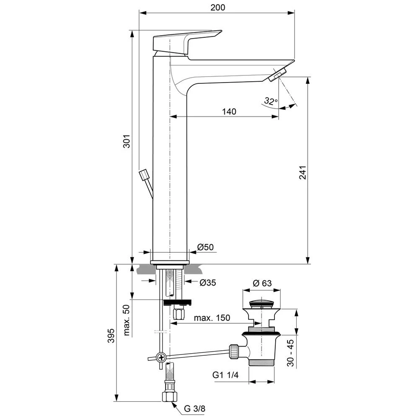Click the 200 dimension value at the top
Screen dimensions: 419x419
coord(218,7)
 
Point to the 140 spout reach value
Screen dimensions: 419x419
coord(229,111)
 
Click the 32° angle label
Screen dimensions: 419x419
coord(271,101)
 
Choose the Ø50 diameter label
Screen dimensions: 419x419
coord(205,247)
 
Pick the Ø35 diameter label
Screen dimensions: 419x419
coord(207,282)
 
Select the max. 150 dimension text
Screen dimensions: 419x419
coord(212,318)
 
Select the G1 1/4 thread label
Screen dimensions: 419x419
coord(225,376)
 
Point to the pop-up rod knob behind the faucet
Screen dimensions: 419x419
coord(144,175)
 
